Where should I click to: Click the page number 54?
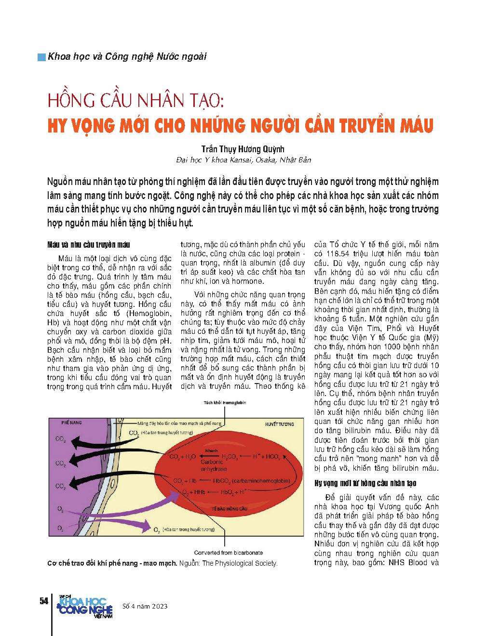[42, 601]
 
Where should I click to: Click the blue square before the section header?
[42, 56]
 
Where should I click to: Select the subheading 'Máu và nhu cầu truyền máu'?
[85, 245]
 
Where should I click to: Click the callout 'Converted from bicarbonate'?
[225, 553]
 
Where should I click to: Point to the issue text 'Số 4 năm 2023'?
[145, 606]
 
